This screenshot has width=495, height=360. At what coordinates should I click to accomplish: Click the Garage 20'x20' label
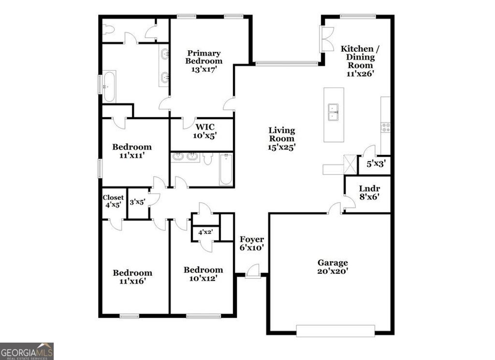pos(333,267)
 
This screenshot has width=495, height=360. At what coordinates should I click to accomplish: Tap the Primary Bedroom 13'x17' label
pos(204,61)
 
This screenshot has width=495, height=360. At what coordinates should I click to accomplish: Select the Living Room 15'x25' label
pos(282,138)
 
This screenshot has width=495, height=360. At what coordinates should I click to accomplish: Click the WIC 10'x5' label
pos(205,131)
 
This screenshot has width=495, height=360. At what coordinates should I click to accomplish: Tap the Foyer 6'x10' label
pos(252,243)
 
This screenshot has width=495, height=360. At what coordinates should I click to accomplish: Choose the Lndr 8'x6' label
pos(369,193)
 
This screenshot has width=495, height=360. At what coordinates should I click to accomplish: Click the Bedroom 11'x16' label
pos(132,276)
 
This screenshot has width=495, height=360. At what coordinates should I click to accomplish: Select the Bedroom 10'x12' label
pos(203,274)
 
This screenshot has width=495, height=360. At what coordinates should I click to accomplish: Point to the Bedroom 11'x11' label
pos(132,150)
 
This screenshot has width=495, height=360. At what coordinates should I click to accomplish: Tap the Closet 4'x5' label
pos(113,201)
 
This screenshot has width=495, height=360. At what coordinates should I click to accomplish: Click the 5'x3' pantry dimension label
pos(375,164)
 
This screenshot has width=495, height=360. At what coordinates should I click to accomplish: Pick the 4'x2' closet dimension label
pos(206,231)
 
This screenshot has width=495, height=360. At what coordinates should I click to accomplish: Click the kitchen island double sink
pos(333,112)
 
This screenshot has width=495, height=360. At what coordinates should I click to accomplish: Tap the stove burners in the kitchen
pos(386,127)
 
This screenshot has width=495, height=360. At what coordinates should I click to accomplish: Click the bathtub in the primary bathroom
pos(109,87)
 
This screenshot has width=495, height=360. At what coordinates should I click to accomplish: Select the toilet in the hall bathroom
pos(208,158)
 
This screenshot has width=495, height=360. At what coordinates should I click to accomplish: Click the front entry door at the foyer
pos(252,271)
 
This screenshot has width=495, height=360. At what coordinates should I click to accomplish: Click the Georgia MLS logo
pos(27,351)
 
